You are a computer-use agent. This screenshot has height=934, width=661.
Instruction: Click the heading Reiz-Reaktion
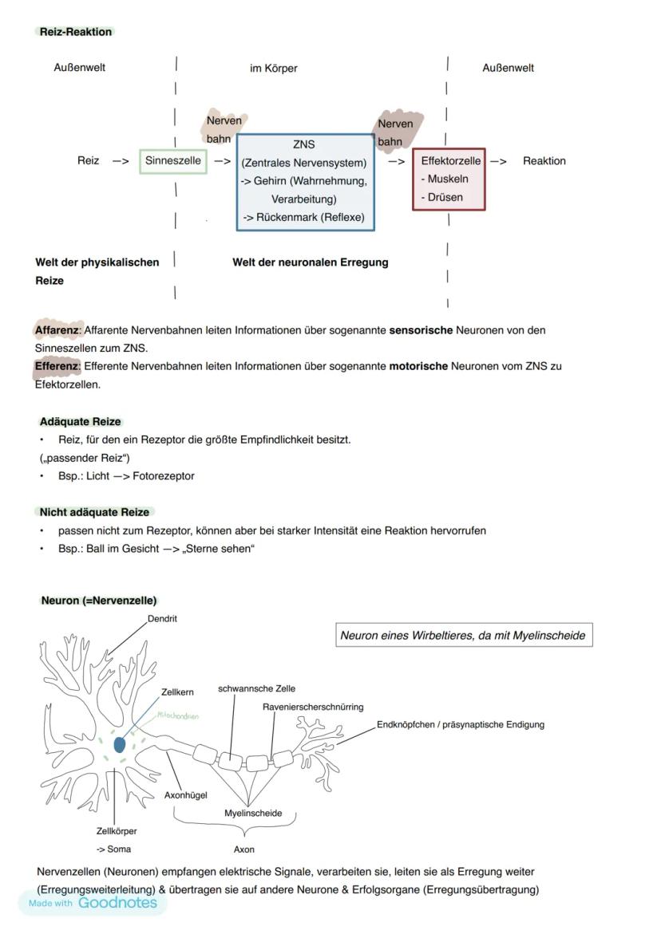(76, 32)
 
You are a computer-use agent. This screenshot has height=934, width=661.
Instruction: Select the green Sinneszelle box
(172, 161)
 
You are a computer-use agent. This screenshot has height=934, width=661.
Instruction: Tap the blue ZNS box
(304, 182)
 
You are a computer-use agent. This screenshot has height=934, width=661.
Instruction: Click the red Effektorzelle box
(449, 179)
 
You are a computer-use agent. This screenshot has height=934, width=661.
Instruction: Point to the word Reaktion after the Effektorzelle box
(544, 161)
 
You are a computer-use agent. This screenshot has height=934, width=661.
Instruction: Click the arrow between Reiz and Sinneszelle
(121, 161)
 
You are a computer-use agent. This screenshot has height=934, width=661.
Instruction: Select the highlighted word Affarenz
(57, 330)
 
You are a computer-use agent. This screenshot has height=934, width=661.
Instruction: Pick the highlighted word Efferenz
(57, 367)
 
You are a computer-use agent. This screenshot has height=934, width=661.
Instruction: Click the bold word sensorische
(421, 330)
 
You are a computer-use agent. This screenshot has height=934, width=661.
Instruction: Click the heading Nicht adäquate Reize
(94, 512)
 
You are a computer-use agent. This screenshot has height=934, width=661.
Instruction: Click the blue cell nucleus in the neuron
(120, 744)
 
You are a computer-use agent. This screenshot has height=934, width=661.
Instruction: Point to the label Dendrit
(162, 619)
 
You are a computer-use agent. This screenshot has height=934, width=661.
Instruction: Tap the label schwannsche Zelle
(256, 688)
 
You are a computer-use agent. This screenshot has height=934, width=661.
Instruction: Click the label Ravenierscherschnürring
(313, 707)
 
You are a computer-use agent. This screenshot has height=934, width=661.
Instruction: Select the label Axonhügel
(185, 795)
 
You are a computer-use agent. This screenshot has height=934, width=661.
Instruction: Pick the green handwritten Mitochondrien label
(177, 715)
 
